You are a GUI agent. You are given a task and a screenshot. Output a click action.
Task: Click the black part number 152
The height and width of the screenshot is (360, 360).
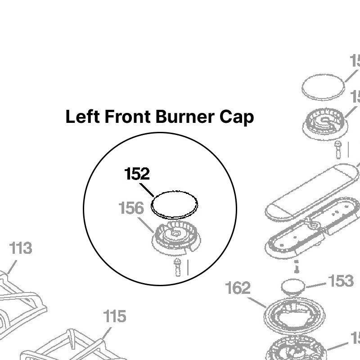tap(137, 174)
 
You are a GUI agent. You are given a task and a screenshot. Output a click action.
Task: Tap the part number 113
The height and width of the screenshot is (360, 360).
tap(21, 248)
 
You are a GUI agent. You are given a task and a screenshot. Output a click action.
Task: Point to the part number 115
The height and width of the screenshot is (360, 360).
tap(115, 316)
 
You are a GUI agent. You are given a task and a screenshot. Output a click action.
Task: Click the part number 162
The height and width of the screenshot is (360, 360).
tap(238, 288)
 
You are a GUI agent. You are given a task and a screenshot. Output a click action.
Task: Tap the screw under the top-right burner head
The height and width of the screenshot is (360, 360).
tap(338, 149)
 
